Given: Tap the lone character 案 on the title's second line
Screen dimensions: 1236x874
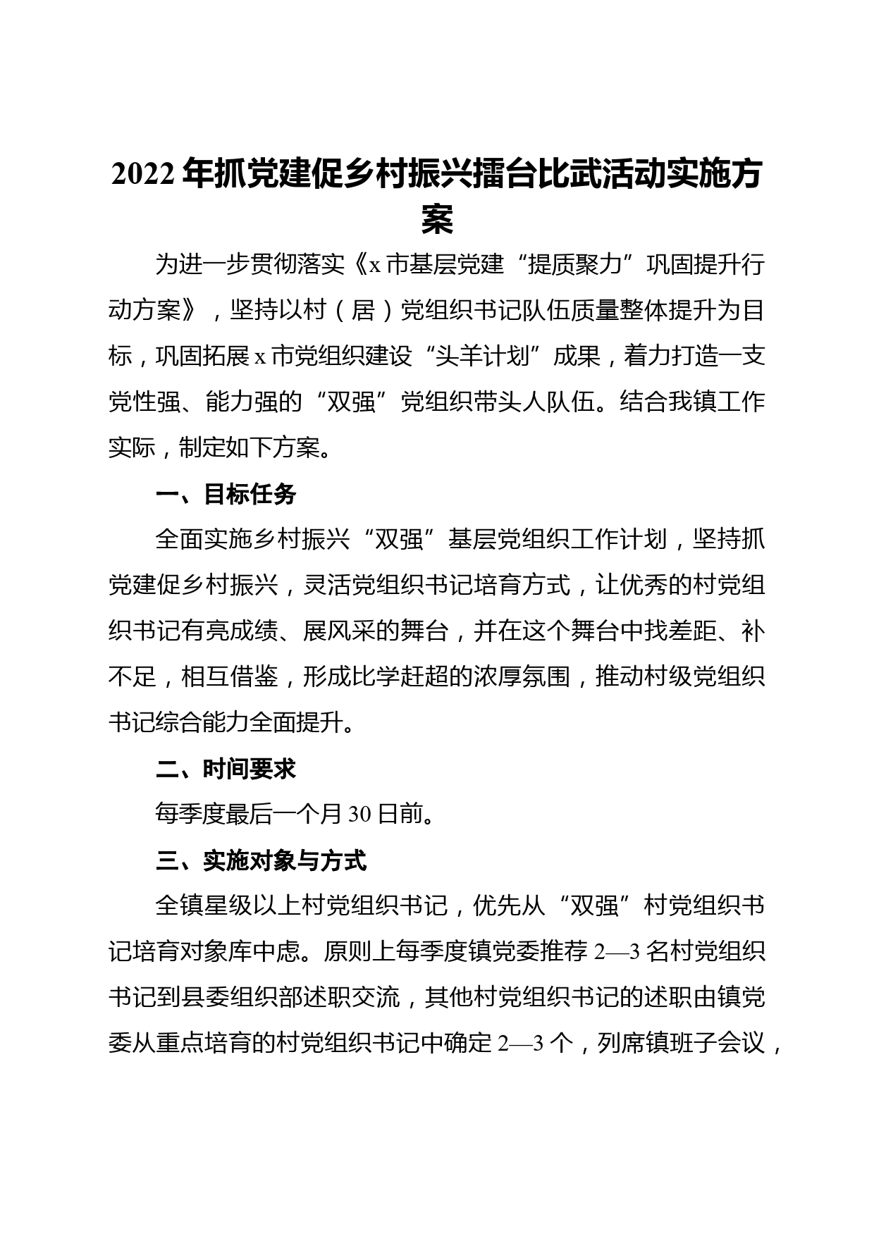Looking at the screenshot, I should (x=437, y=221).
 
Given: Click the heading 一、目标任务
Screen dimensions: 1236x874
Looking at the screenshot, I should (x=226, y=495).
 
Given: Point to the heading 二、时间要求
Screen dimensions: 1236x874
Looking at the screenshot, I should (x=226, y=770).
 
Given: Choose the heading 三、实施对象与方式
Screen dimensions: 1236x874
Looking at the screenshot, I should (x=261, y=861).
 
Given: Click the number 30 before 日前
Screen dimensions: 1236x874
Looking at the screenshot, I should (x=359, y=815).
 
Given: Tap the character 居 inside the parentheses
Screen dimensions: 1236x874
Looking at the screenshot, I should (x=364, y=311).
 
